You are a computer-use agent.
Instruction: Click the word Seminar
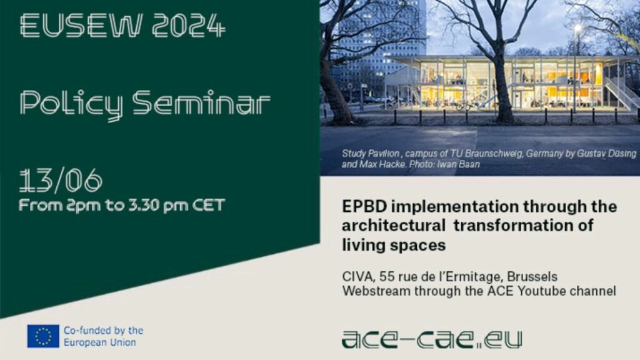(x=201, y=102)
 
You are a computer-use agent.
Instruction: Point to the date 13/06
(x=61, y=180)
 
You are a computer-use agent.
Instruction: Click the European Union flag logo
(x=43, y=336)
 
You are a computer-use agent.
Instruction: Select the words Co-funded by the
(x=104, y=330)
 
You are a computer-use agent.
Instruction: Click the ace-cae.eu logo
(x=432, y=340)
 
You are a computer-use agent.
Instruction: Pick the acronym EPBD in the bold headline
(x=364, y=206)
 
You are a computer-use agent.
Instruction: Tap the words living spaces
(x=394, y=245)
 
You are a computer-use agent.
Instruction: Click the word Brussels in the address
(x=532, y=277)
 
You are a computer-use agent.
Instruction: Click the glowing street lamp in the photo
(x=577, y=28)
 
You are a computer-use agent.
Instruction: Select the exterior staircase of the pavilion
(x=621, y=94)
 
